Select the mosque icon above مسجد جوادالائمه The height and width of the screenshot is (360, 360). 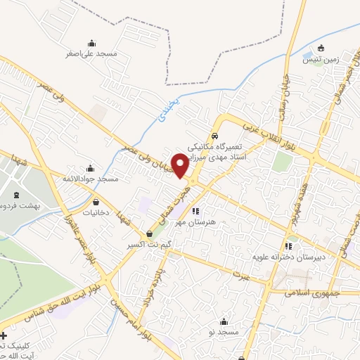click(x=90, y=169)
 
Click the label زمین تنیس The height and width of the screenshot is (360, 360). click(x=321, y=60)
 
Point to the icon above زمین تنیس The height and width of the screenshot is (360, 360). click(x=321, y=49)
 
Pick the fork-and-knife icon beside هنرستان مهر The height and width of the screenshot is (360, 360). click(x=196, y=210)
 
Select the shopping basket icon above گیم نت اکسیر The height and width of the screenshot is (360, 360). click(x=149, y=234)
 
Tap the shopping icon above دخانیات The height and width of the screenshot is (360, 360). click(x=96, y=202)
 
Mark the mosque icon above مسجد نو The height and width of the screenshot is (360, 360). click(x=224, y=319)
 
